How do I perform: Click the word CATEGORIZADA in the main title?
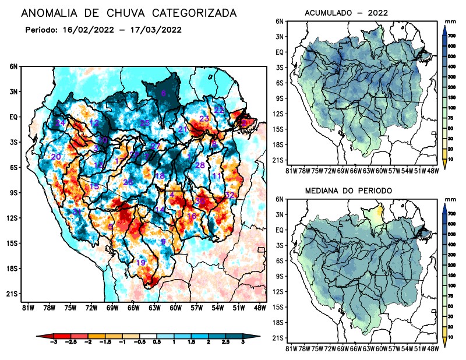[x=186, y=12]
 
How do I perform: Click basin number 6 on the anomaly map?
[x=164, y=93]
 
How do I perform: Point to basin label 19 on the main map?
[x=140, y=263]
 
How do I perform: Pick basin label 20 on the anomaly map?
[x=56, y=157]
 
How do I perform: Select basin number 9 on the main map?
[x=163, y=242]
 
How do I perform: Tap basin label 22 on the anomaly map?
[x=219, y=110]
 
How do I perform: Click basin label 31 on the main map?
[x=76, y=212]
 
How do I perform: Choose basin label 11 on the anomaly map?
[x=216, y=176]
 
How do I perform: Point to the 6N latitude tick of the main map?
[x=13, y=66]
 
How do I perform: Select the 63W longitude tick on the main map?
[x=154, y=308]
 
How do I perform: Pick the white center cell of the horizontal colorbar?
[x=149, y=337]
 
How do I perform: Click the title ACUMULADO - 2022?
[x=346, y=13]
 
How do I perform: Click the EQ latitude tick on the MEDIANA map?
[x=280, y=230]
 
